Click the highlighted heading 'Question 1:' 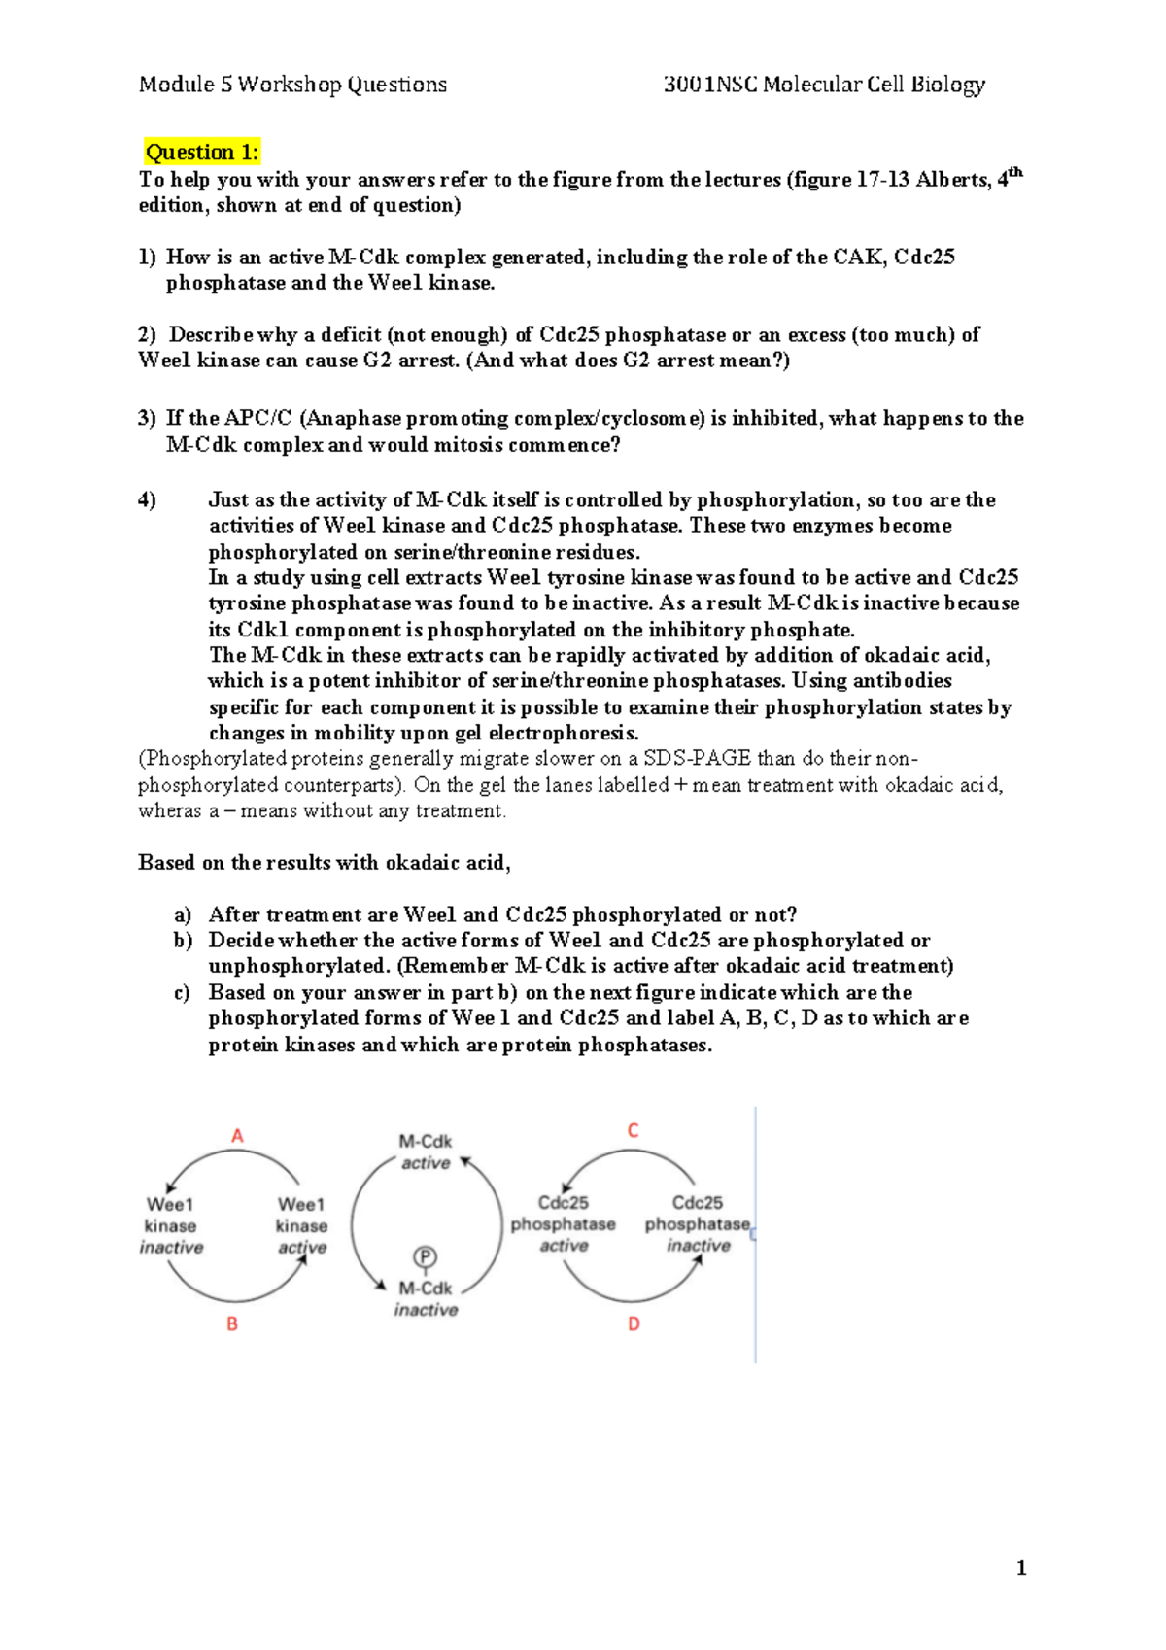point(202,153)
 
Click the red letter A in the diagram point(237,1136)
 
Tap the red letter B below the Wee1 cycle point(232,1323)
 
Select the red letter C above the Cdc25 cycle point(634,1131)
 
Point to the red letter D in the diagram point(634,1323)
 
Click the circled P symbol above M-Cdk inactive point(425,1257)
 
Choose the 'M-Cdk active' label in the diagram point(426,1152)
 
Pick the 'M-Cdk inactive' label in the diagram point(426,1298)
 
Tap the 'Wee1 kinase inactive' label point(171,1226)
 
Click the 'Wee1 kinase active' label point(301,1226)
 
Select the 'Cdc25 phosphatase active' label point(564,1224)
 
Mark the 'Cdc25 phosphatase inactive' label point(698,1224)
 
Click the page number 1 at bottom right point(1020,1567)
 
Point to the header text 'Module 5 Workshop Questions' point(292,85)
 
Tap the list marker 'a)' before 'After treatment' point(183,915)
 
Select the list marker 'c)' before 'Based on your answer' point(182,993)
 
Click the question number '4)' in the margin point(147,500)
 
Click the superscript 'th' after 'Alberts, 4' point(1015,173)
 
